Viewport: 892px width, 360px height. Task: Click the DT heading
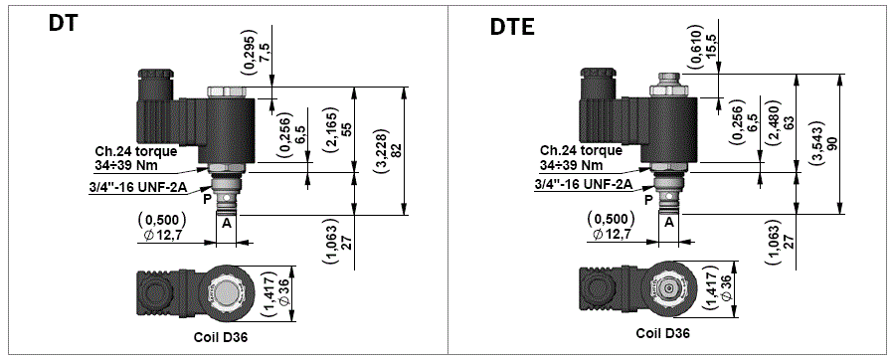[x=63, y=25]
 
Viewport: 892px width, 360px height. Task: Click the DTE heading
[x=512, y=27]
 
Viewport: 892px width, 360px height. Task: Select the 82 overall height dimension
[x=397, y=150]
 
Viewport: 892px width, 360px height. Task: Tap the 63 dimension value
[x=788, y=123]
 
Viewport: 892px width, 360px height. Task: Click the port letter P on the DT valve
[x=207, y=198]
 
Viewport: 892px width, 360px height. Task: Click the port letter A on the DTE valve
[x=669, y=222]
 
